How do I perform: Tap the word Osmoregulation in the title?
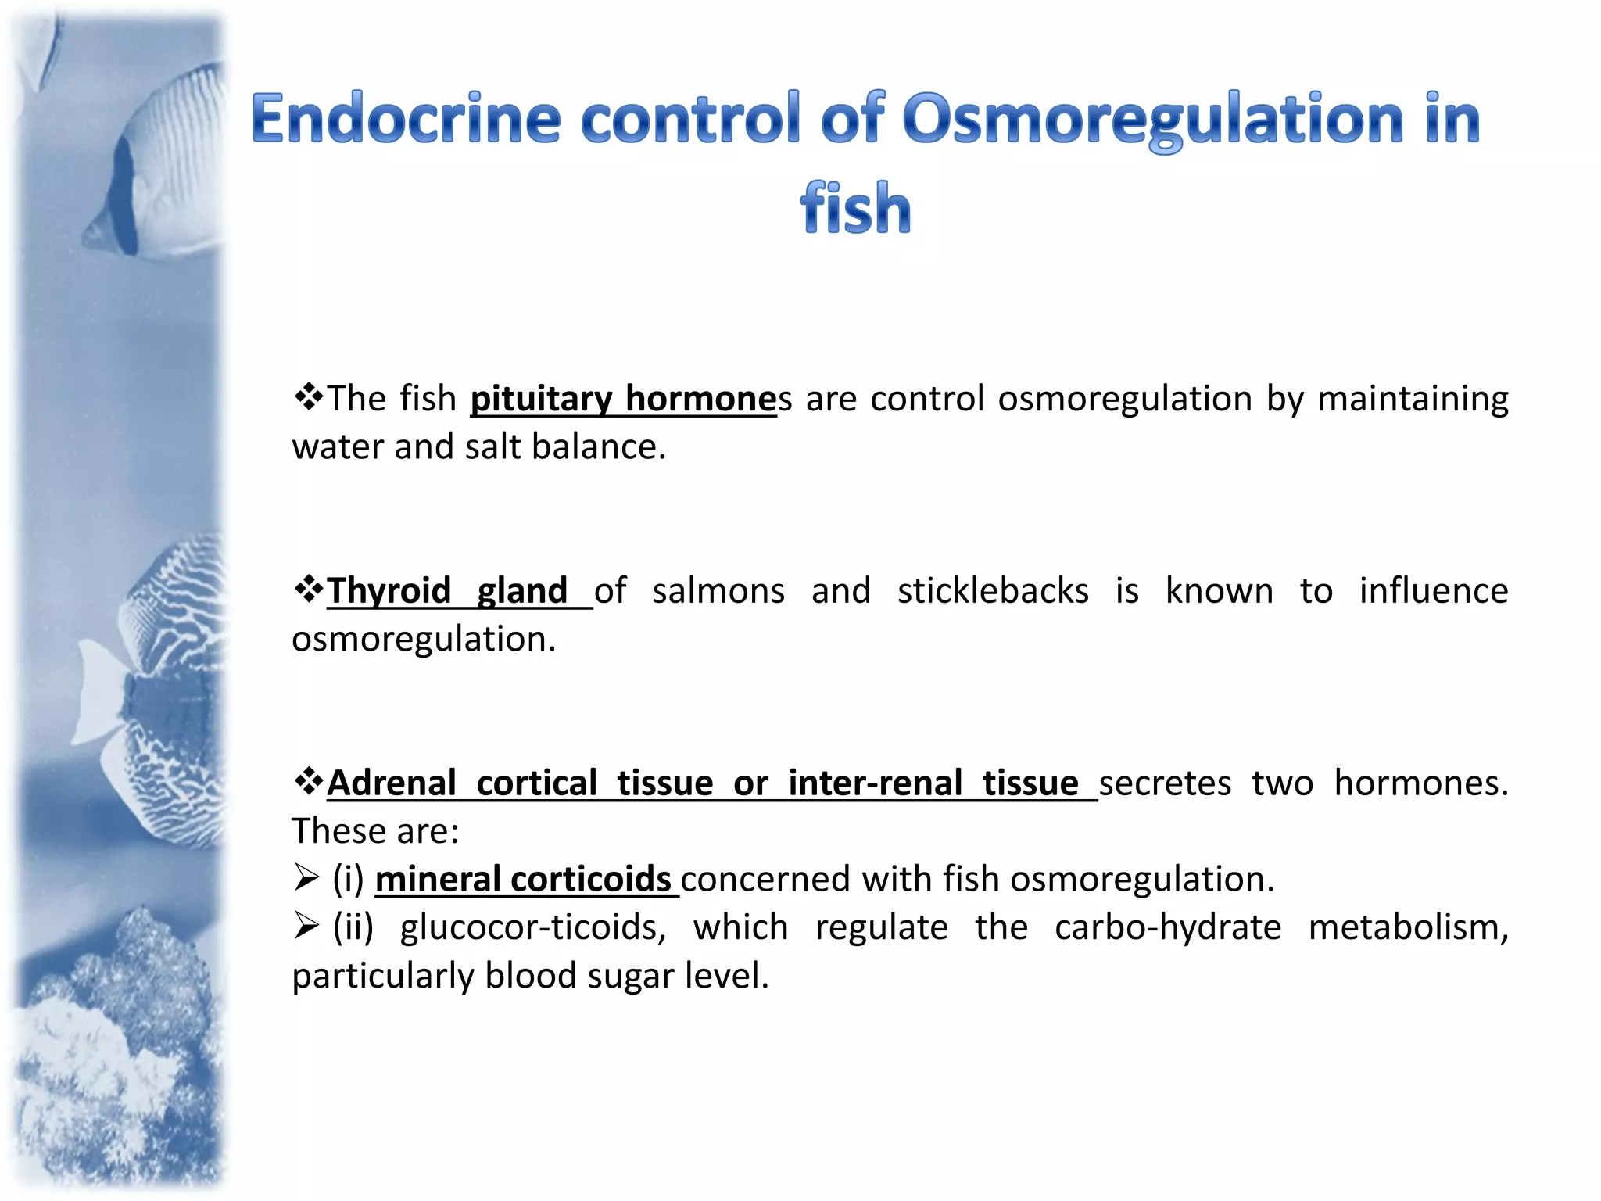1153,120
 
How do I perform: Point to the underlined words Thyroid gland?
446,590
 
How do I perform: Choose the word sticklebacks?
992,590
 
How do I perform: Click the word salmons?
718,590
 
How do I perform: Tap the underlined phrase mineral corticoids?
523,879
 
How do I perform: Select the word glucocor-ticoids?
533,927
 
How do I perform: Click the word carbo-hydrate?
1167,927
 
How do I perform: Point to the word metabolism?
1408,927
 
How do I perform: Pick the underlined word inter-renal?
875,783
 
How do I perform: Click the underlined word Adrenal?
392,783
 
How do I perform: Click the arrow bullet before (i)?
306,878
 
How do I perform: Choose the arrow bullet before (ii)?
306,927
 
